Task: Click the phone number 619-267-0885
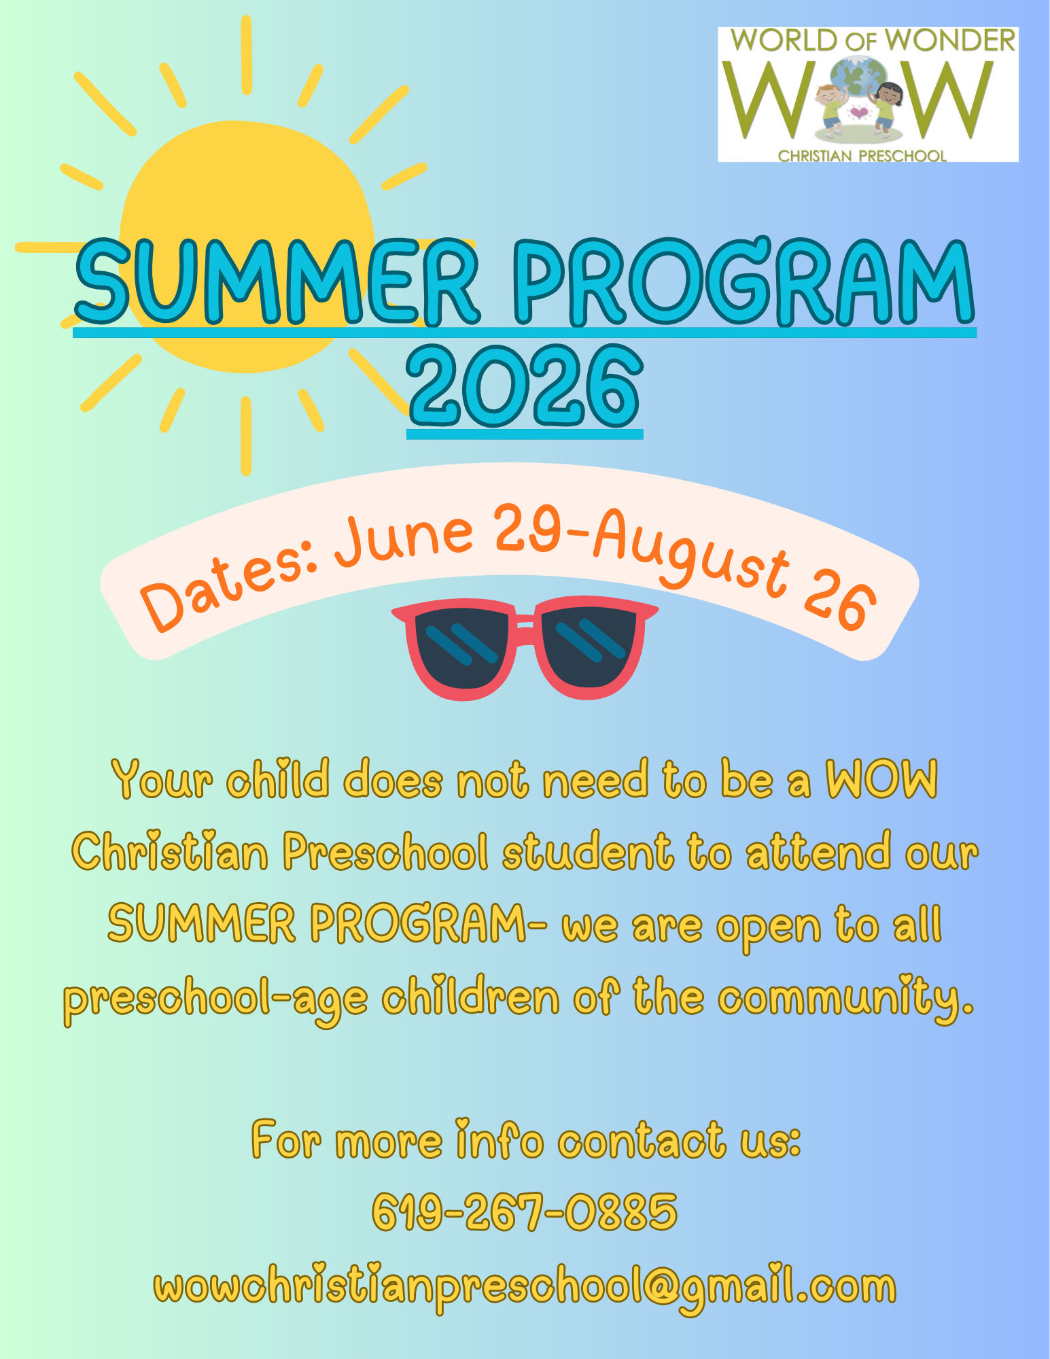pos(525,1212)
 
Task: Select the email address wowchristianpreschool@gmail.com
pos(525,1287)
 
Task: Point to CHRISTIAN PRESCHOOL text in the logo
pos(862,156)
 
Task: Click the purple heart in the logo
pos(860,112)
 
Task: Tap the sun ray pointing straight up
pos(247,54)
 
